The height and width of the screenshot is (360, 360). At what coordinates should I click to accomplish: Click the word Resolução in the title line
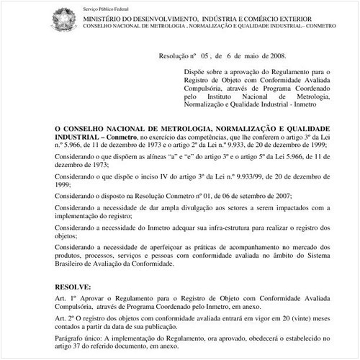click(177, 55)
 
